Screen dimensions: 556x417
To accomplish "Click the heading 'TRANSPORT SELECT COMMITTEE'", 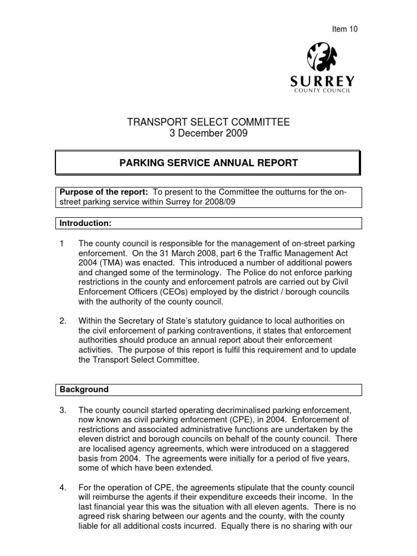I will pyautogui.click(x=208, y=123).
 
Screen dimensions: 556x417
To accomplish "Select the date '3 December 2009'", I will pyautogui.click(x=208, y=134).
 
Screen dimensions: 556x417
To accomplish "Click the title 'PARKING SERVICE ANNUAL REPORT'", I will pyautogui.click(x=208, y=162).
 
